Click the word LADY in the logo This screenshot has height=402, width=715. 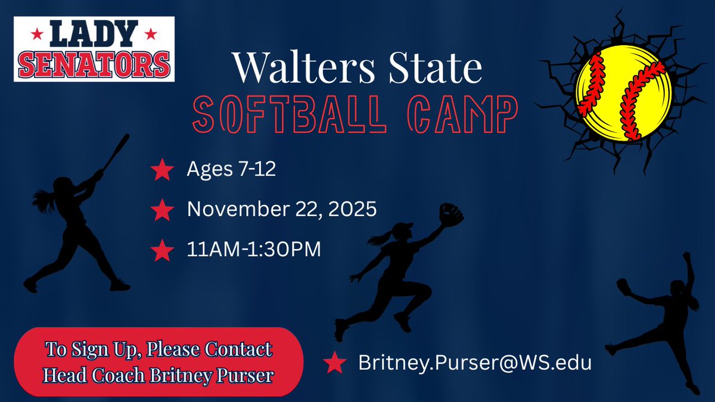pyautogui.click(x=94, y=35)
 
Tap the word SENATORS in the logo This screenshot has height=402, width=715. pyautogui.click(x=94, y=63)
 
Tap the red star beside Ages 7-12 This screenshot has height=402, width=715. pyautogui.click(x=162, y=172)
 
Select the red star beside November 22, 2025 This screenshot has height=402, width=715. pyautogui.click(x=162, y=210)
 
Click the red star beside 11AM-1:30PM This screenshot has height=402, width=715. pyautogui.click(x=162, y=250)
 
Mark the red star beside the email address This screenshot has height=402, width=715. pyautogui.click(x=335, y=363)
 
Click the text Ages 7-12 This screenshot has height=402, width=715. pyautogui.click(x=231, y=171)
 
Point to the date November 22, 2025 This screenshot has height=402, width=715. pyautogui.click(x=281, y=210)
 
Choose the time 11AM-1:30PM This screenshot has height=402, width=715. pyautogui.click(x=254, y=250)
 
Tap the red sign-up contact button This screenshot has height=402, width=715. pyautogui.click(x=158, y=362)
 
